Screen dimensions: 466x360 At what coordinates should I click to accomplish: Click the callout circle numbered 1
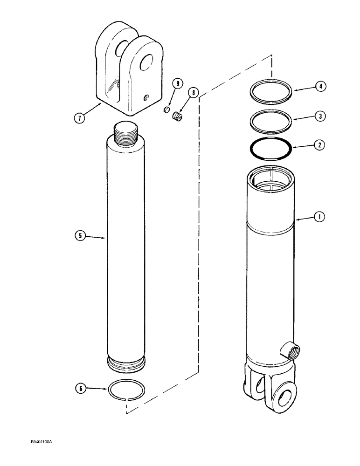pos(319,217)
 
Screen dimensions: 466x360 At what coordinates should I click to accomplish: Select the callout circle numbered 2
pos(319,145)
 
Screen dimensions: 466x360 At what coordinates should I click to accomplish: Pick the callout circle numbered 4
pos(319,86)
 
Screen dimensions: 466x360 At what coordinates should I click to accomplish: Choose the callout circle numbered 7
pos(81,117)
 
